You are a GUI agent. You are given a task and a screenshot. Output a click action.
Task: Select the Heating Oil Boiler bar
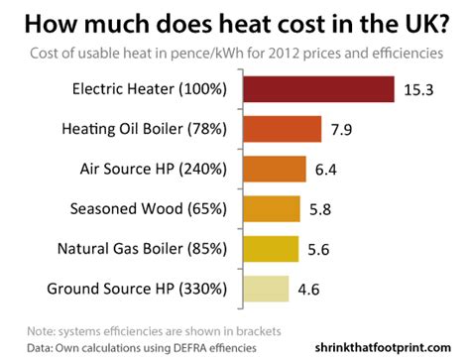pos(279,129)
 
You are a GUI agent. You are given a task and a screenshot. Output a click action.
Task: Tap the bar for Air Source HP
pos(271,169)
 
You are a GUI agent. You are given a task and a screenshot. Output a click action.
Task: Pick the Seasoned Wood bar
pos(268,208)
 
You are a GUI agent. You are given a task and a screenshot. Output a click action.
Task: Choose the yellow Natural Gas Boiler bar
pos(267,248)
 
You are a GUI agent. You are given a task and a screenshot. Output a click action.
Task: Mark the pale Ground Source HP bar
pos(262,289)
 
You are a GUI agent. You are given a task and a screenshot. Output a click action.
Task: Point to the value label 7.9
pos(344,129)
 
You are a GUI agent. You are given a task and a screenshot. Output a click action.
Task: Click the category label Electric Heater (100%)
pos(150,89)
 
